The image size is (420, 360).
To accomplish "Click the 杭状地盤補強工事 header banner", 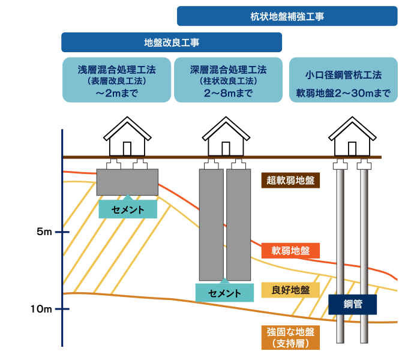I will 287,16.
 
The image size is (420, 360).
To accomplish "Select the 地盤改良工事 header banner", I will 172,43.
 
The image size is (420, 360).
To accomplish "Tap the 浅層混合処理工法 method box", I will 117,79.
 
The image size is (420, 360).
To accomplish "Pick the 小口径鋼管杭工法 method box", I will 343,79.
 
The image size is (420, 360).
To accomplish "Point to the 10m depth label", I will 42,309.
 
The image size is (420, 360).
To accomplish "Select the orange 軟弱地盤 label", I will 291,250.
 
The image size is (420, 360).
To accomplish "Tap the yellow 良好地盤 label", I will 290,290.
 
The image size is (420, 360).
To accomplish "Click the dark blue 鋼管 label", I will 353,304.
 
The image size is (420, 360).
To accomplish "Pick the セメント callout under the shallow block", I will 128,209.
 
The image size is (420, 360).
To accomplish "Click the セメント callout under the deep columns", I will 224,293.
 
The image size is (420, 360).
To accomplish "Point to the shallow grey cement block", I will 127,182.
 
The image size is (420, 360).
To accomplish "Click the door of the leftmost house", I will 127,149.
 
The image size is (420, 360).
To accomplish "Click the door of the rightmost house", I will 353,149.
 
